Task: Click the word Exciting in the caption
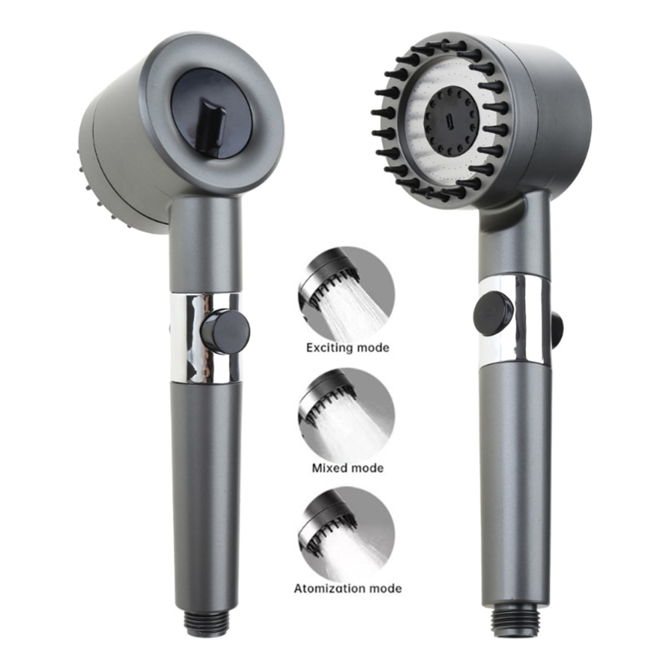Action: coord(329,348)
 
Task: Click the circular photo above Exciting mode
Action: coord(347,294)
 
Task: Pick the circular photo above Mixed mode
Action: coord(347,416)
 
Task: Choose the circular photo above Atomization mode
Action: coord(347,536)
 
